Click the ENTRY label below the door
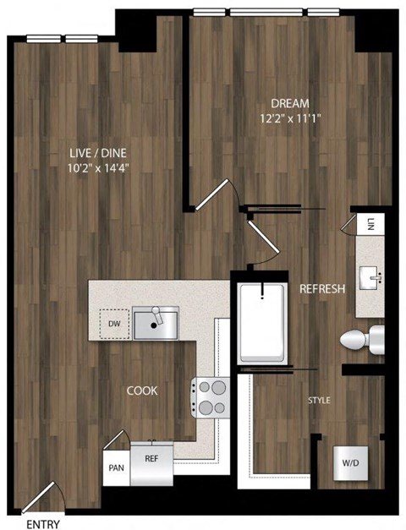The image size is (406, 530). point(43,523)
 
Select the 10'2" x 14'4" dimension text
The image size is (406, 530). point(99,167)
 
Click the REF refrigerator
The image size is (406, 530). point(152,460)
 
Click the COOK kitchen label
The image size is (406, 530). point(141,391)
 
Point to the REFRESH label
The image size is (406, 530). point(322,289)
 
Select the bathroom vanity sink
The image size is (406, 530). point(370,277)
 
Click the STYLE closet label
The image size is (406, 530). point(319,400)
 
